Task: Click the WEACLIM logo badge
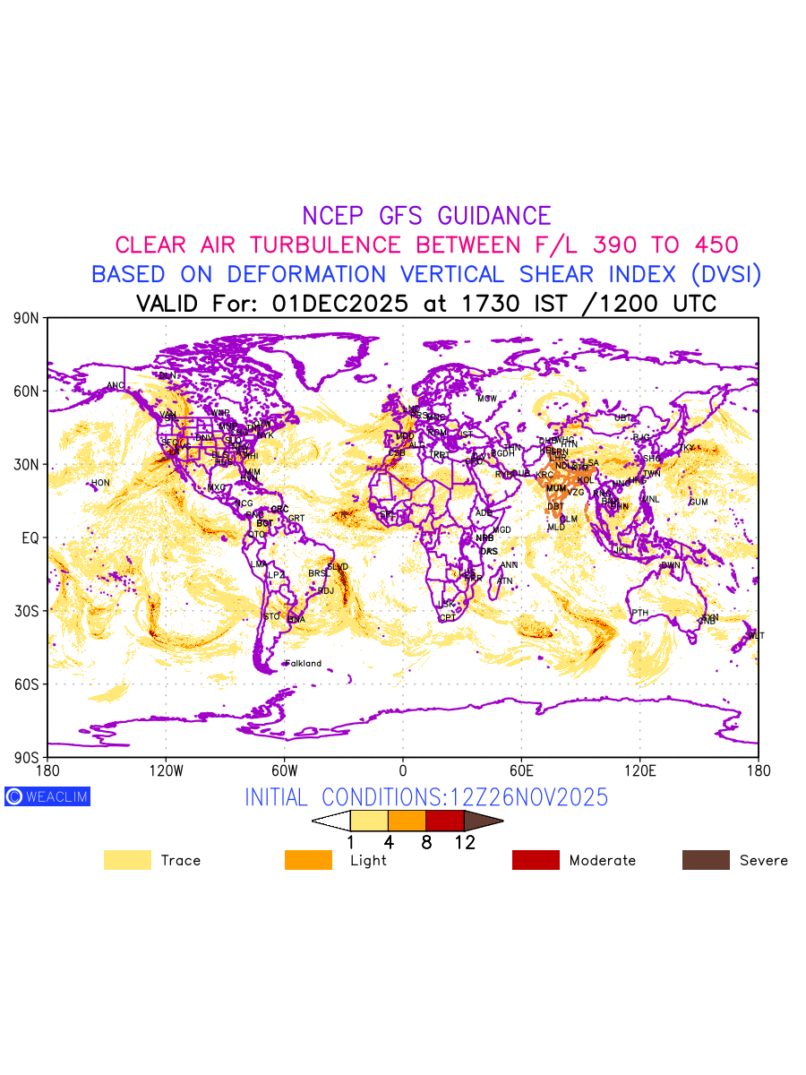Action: point(47,796)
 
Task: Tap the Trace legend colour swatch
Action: point(127,860)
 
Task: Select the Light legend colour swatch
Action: point(308,860)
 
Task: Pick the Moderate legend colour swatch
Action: point(536,860)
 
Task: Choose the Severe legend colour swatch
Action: point(706,860)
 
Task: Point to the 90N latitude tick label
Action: point(26,318)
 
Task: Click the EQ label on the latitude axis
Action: point(30,537)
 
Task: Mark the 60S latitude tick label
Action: point(26,684)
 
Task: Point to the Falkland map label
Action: point(303,664)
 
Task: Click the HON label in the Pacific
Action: point(100,483)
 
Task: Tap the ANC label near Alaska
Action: point(116,386)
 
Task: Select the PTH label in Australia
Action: point(639,613)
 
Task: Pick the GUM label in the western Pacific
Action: point(699,502)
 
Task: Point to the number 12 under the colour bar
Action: point(465,842)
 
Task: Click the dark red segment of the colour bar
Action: point(444,820)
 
